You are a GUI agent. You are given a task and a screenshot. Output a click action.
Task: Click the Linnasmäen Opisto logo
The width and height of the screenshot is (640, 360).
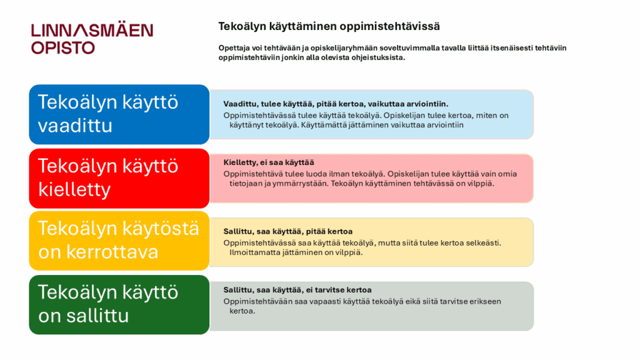pos(92,38)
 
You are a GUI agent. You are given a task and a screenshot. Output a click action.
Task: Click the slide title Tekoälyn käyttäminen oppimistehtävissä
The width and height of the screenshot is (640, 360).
pos(329,26)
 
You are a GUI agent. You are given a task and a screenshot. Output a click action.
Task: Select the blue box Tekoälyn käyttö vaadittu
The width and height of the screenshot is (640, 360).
pos(119,114)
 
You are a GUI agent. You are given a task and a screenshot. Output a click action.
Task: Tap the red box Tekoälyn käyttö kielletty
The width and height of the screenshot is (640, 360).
pos(119,178)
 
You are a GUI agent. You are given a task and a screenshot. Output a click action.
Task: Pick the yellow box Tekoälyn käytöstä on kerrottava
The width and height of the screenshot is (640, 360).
pos(119,241)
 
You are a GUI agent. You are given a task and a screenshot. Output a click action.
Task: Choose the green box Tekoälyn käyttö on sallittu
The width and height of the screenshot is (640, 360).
pos(119,304)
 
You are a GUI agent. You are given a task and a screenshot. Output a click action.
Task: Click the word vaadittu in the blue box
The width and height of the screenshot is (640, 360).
pos(75,125)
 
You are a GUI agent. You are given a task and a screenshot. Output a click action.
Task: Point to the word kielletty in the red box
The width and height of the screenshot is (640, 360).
pos(74,189)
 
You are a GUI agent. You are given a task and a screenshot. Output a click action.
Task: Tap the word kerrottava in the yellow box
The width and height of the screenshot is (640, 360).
pos(112,252)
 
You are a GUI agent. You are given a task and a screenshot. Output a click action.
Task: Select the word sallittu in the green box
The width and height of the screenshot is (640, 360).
pos(97,316)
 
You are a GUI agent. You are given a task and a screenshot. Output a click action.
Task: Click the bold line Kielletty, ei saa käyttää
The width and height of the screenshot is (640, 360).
pos(269,162)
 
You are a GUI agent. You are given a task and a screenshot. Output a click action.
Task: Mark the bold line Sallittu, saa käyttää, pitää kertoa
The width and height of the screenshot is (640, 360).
pos(287,231)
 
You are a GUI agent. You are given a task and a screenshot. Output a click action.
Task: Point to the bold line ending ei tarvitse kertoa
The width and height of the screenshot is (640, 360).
pos(297,290)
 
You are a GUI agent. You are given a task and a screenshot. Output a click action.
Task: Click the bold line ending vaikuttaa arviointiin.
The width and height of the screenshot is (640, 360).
pos(336,104)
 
